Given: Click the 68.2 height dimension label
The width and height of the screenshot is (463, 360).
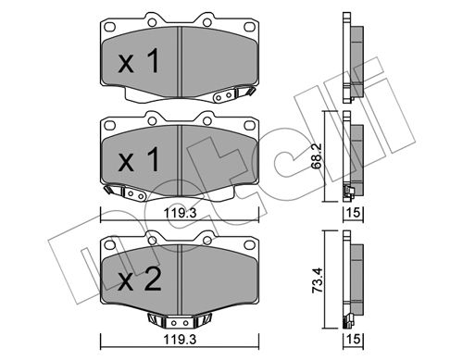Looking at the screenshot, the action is click(317, 155).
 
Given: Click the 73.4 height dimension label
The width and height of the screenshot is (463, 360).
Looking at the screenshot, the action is click(317, 280).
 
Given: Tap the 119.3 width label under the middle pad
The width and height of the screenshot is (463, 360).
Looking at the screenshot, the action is click(180, 213).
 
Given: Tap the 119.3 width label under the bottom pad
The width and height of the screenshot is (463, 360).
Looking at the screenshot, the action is click(180, 340).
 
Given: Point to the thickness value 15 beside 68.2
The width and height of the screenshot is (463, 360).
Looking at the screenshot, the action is click(354, 212).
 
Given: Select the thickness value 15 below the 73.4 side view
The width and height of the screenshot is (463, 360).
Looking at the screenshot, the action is click(354, 339).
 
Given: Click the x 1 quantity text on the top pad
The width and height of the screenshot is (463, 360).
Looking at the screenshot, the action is click(139, 61).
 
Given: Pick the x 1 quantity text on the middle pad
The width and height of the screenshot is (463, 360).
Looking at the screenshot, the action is click(139, 159).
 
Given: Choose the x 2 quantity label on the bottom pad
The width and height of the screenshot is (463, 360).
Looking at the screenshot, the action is click(140, 279).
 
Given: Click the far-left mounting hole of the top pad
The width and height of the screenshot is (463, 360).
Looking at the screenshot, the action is click(110, 27).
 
